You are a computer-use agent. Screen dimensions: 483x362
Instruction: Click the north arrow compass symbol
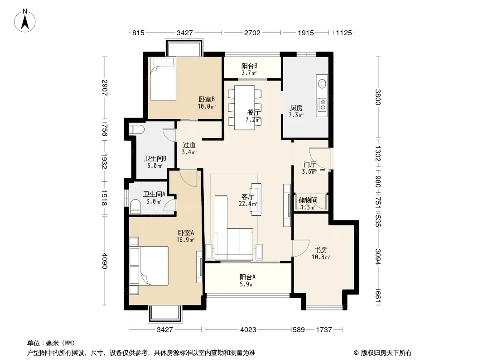click(25, 20)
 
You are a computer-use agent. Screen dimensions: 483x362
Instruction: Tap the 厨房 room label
click(296, 108)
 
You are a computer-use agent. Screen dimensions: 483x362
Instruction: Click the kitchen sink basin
click(322, 83)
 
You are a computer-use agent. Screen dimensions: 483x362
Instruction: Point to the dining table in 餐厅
click(245, 108)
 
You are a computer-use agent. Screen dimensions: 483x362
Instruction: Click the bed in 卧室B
click(163, 78)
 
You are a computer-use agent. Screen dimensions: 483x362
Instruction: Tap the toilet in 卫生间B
click(136, 129)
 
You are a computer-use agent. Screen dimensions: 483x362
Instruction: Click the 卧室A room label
click(186, 233)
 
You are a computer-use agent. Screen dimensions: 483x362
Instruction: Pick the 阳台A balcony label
click(248, 277)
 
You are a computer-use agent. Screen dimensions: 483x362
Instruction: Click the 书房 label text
click(320, 250)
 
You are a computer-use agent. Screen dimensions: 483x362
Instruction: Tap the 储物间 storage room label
click(308, 200)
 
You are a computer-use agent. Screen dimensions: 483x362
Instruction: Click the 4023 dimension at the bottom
click(248, 330)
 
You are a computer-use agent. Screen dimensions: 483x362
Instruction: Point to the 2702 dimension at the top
click(252, 33)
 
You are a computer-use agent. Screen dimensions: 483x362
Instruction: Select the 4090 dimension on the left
click(104, 261)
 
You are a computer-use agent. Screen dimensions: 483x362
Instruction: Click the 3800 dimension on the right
click(378, 97)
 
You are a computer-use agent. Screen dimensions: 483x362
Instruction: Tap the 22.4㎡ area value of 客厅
click(248, 204)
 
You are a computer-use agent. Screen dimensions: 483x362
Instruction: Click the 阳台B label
click(249, 66)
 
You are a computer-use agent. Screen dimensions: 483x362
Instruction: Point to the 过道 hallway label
click(189, 145)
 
